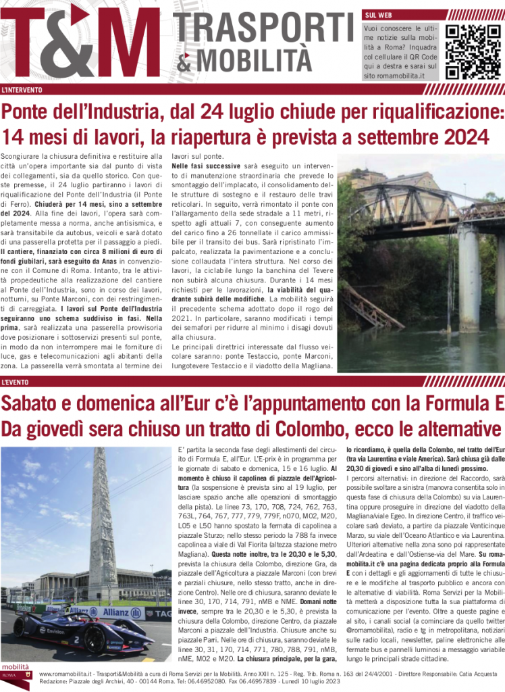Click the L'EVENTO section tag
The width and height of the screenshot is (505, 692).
pyautogui.click(x=18, y=383)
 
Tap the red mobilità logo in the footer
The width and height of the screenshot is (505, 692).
pyautogui.click(x=15, y=673)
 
